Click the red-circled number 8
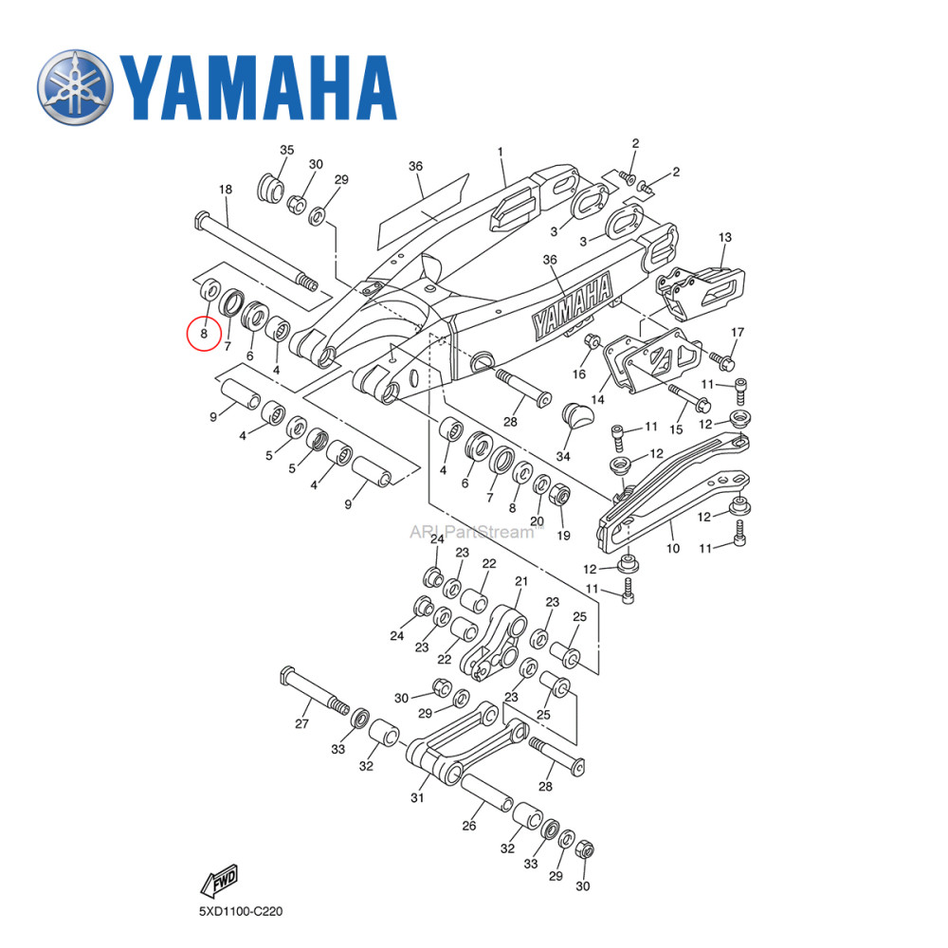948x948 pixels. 203,333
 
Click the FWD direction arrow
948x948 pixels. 219,881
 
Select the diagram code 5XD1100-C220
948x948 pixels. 240,912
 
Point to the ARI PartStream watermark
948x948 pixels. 471,532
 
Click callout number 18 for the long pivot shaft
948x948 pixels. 226,190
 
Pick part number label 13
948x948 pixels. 725,237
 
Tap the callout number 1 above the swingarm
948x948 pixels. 501,152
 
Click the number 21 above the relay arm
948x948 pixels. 520,581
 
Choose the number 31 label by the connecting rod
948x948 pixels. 417,798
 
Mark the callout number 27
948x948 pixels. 302,723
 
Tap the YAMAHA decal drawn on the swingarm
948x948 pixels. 572,307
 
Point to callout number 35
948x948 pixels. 286,151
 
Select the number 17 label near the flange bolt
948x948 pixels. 737,331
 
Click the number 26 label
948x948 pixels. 468,826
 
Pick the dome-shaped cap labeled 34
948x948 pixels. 578,415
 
